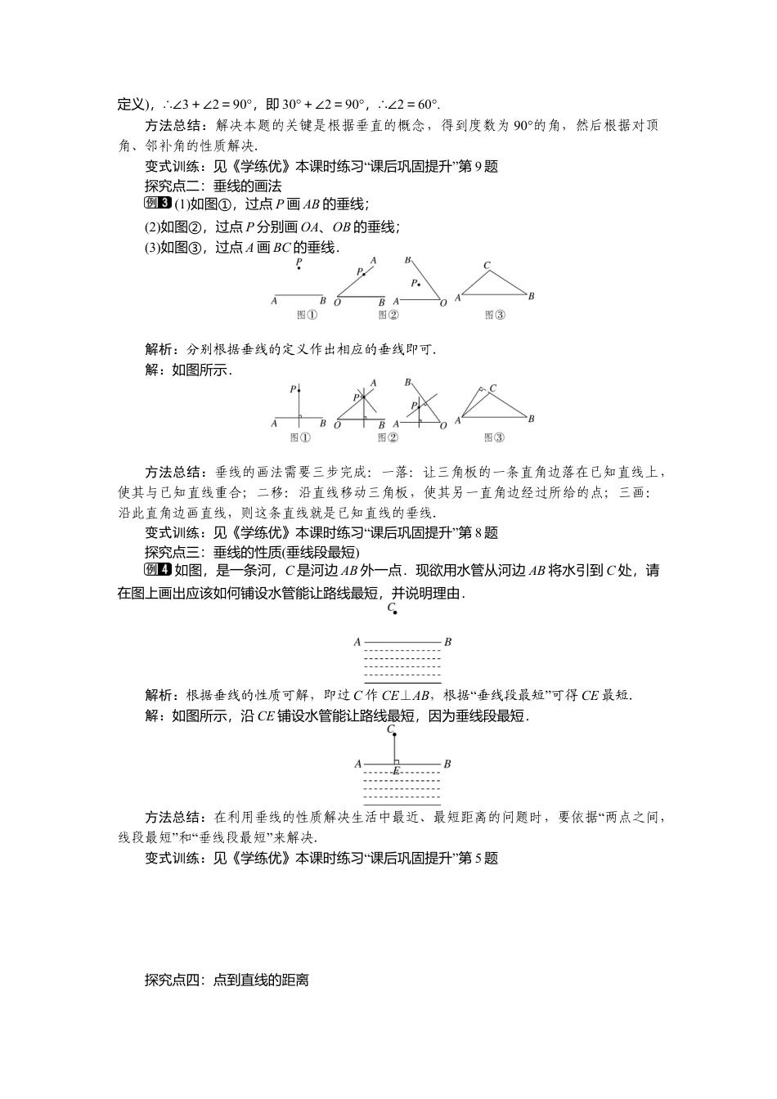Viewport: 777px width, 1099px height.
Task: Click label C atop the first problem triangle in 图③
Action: [x=487, y=264]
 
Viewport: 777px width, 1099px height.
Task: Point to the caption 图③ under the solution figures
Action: [x=494, y=438]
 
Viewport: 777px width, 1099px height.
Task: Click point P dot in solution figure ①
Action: [x=300, y=390]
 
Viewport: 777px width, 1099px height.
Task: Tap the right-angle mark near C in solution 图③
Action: [x=483, y=388]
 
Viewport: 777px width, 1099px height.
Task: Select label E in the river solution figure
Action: [x=396, y=771]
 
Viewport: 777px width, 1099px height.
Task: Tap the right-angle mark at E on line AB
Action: [x=397, y=762]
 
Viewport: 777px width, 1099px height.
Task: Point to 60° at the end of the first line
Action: [x=426, y=104]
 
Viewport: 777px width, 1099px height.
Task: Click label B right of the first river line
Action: [x=448, y=642]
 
